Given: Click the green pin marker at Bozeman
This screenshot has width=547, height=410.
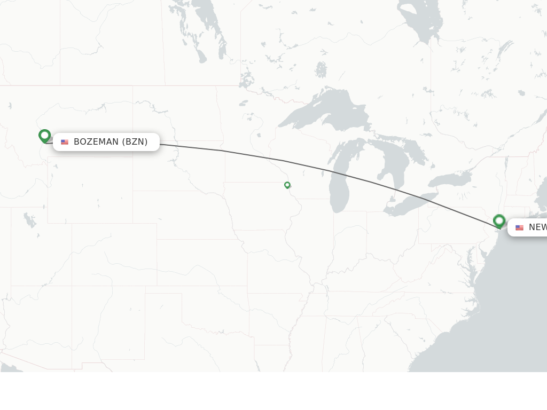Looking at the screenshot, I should coord(45,136).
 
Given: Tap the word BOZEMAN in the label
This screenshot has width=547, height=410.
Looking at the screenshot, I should coord(96,142).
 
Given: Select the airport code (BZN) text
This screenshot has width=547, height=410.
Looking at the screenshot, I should coord(135,142).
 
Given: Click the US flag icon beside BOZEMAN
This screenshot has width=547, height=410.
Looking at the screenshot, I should coord(65,142).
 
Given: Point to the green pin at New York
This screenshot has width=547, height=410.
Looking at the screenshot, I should coord(499,220).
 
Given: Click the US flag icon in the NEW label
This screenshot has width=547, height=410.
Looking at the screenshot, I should coord(519,227).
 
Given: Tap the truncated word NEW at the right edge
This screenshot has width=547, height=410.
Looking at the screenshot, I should coord(537,227).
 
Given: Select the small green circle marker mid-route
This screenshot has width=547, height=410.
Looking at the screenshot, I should coord(287,185).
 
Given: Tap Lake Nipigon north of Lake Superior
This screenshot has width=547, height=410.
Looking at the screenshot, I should coord(321,69).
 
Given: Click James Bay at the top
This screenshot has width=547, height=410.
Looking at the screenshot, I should coord(422,21).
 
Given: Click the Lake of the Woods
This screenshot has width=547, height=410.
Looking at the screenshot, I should coord(247,80).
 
